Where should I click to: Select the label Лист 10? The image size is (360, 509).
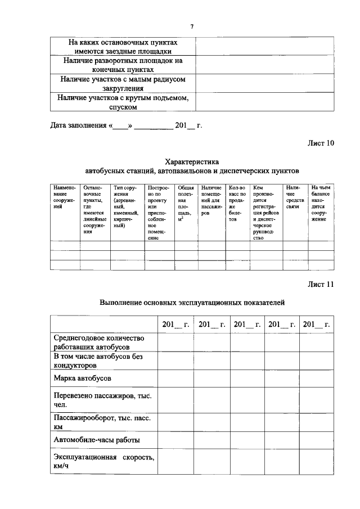click(x=320, y=143)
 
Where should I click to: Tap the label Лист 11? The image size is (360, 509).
click(x=320, y=284)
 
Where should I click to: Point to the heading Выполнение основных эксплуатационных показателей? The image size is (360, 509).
click(x=192, y=302)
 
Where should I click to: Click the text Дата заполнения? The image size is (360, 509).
click(x=75, y=125)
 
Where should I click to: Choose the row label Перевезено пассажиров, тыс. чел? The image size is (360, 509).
click(x=102, y=400)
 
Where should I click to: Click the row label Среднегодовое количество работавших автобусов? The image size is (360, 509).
click(x=99, y=342)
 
